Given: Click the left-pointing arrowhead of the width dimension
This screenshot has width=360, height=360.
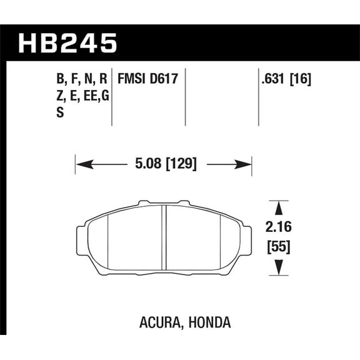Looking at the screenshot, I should click(x=81, y=165).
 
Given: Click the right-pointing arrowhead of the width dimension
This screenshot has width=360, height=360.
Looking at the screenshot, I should click(x=246, y=165).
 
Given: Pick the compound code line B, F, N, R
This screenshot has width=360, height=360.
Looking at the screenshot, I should click(x=81, y=79).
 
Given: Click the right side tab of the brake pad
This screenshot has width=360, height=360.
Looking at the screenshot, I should click(x=247, y=237).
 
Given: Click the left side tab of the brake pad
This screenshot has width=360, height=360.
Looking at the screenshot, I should click(x=81, y=237).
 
